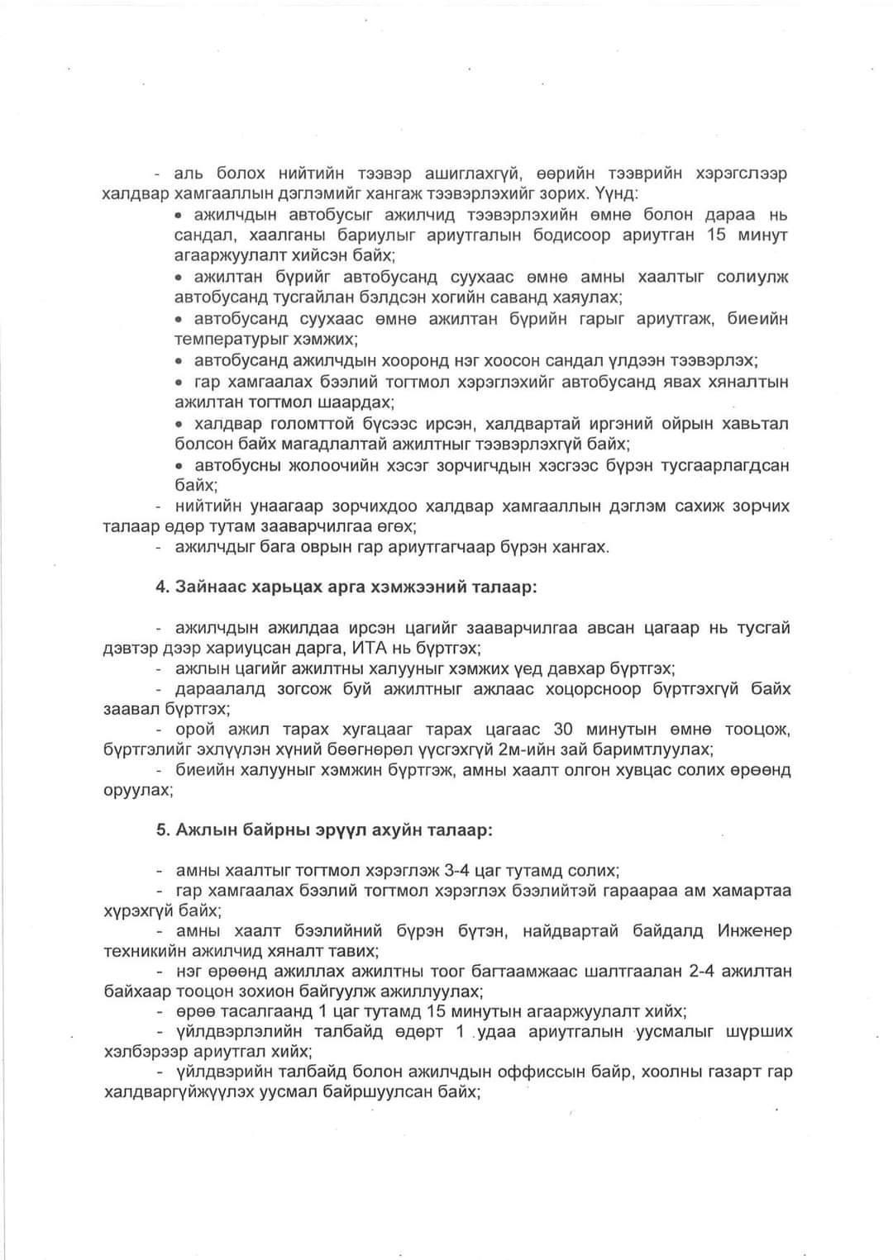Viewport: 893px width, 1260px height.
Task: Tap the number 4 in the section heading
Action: click(161, 587)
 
